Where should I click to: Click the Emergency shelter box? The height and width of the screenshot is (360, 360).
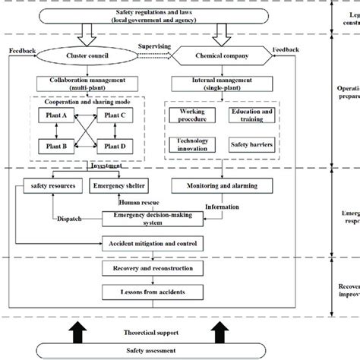(118, 186)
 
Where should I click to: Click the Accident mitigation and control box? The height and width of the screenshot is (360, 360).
(152, 243)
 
